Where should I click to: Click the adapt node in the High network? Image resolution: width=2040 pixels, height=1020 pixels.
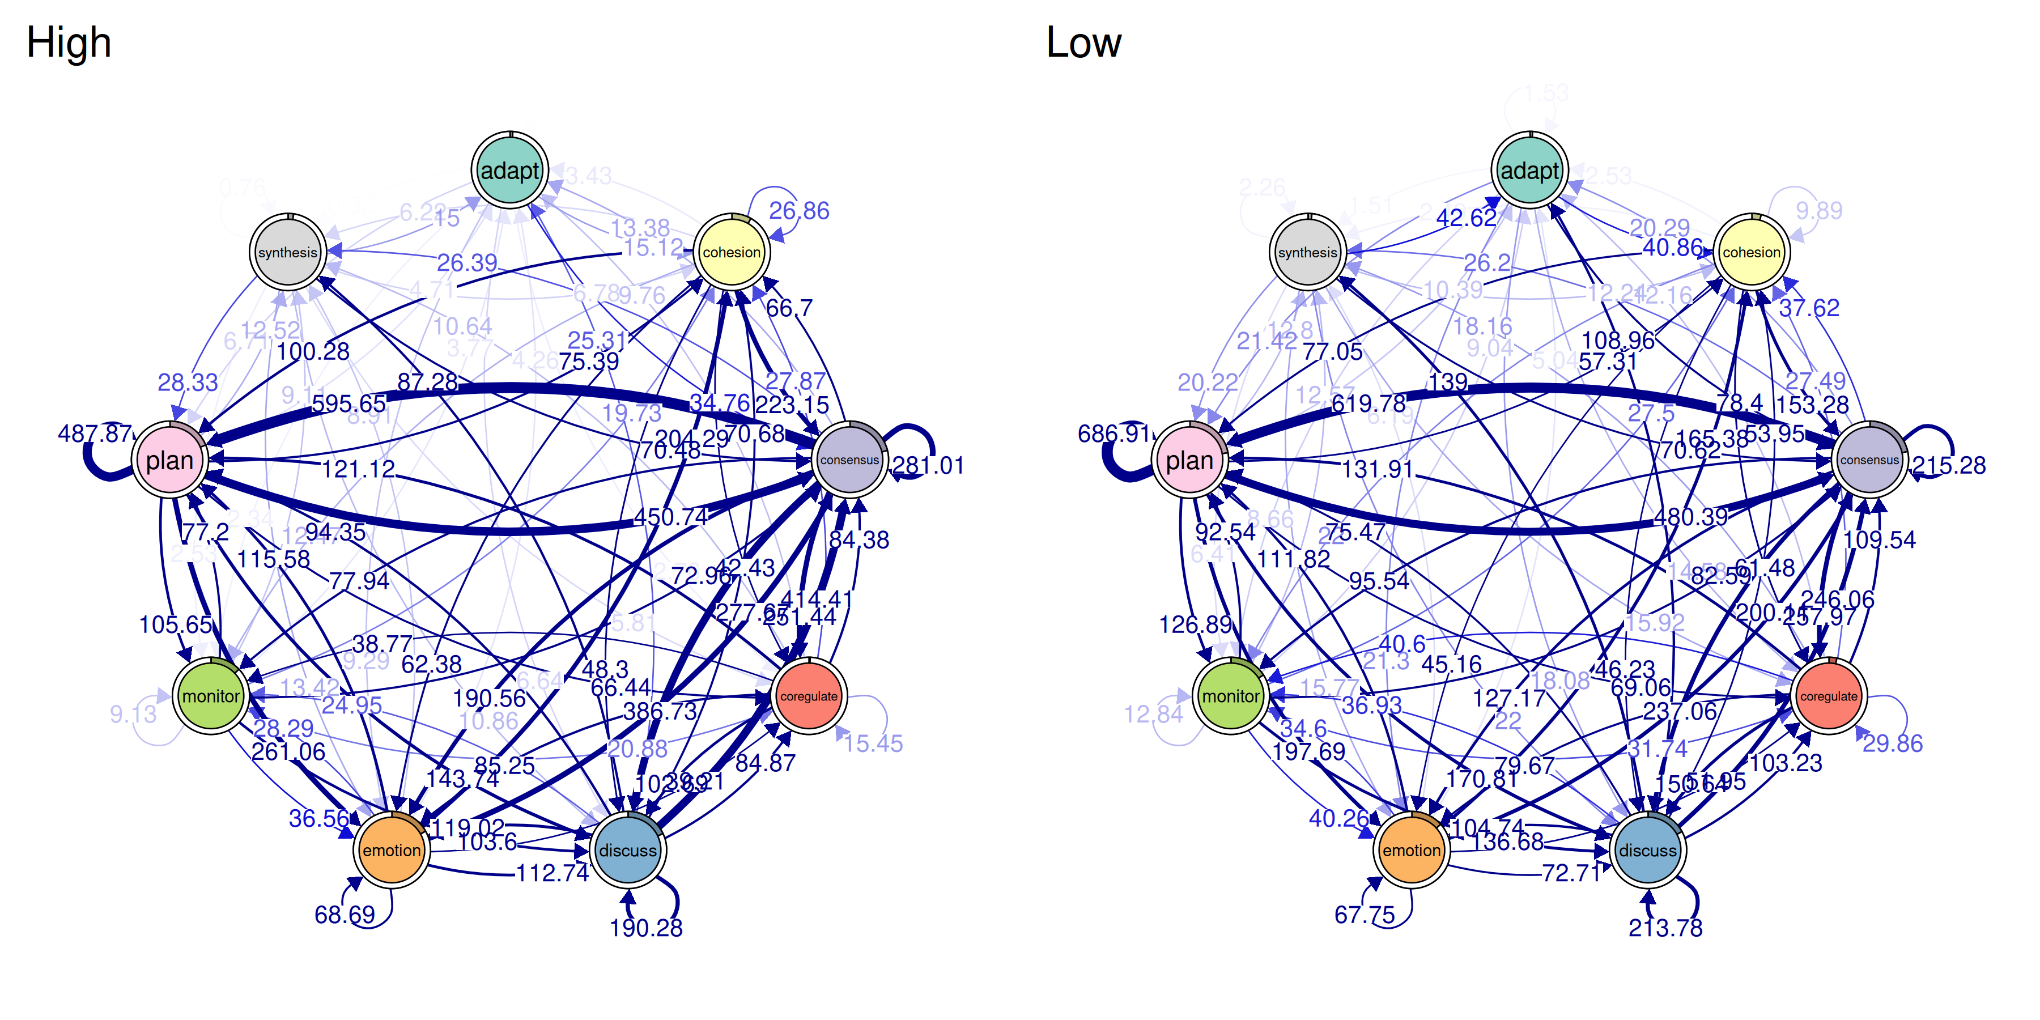coord(510,170)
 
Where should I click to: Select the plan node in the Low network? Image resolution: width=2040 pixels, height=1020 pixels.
coord(1189,460)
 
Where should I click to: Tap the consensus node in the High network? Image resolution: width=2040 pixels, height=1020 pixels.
coord(849,460)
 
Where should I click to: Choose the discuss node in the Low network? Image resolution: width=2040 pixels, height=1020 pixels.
coord(1647,850)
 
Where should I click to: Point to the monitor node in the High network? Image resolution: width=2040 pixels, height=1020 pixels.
coord(211,696)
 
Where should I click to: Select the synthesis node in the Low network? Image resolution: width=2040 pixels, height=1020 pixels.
coord(1307,253)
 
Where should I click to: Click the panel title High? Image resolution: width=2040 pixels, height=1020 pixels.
coord(69,42)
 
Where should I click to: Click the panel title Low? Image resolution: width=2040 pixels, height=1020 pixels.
coord(1083,42)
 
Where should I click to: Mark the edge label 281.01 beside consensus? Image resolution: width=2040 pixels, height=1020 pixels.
coord(928,466)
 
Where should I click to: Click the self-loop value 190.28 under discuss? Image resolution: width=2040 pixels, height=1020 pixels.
coord(646,927)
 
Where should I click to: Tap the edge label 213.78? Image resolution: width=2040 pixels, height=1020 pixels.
coord(1665,927)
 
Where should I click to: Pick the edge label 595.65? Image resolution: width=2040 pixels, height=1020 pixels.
coord(348,404)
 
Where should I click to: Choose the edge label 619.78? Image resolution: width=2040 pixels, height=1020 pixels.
coord(1368,404)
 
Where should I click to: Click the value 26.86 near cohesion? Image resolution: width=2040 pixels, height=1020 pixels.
coord(799,211)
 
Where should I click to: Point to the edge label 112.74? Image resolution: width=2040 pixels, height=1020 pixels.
coord(552,873)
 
